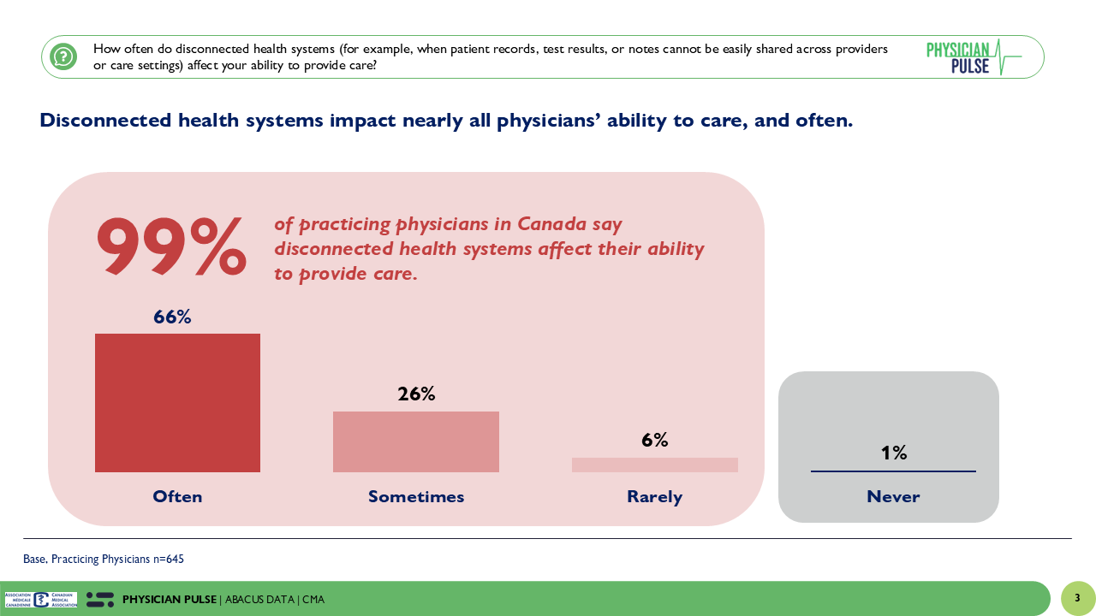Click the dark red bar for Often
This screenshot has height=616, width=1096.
(x=177, y=403)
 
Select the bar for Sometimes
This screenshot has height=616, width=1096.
(x=416, y=441)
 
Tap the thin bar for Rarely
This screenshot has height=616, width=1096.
(x=655, y=465)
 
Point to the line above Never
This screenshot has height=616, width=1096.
(x=893, y=471)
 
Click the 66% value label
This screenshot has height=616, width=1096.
(x=172, y=317)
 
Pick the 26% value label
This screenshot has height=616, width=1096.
(x=416, y=394)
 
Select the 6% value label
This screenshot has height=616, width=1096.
(x=655, y=441)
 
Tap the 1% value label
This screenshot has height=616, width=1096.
(x=894, y=453)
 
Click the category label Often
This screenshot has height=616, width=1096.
(x=177, y=496)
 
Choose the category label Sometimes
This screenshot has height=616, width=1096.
(x=416, y=496)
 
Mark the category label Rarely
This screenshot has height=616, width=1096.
(x=655, y=496)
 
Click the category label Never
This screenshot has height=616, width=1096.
(x=893, y=496)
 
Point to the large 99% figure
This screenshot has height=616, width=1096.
(x=171, y=246)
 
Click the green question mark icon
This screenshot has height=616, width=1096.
(x=63, y=57)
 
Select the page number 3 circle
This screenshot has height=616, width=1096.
(x=1077, y=598)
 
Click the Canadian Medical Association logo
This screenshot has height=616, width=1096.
(x=41, y=600)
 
